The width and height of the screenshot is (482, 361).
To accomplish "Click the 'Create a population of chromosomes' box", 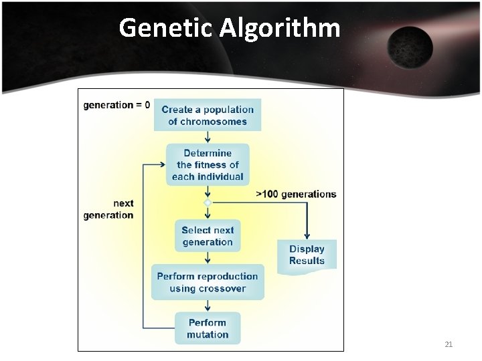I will click(208, 115).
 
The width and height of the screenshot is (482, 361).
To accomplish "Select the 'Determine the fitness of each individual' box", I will click(208, 164).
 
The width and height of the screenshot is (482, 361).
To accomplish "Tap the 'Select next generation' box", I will click(208, 236).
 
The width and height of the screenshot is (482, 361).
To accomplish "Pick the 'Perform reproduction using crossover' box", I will click(208, 282).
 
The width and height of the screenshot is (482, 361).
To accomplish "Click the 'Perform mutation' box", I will click(208, 328).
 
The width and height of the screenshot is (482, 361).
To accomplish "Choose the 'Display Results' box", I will click(307, 255).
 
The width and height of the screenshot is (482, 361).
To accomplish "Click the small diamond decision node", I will click(208, 202).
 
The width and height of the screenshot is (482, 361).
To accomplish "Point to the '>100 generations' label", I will click(297, 194).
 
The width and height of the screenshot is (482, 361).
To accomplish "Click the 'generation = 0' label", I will click(116, 105).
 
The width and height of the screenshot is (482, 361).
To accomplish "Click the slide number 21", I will click(449, 344).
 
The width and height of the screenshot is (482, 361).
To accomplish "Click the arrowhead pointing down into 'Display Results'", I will click(307, 235).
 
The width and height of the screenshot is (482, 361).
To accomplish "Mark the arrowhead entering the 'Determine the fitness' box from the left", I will click(163, 164).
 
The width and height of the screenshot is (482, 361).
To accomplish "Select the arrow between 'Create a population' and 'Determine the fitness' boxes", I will click(208, 137).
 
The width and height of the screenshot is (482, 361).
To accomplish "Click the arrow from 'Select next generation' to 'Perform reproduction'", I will click(208, 258).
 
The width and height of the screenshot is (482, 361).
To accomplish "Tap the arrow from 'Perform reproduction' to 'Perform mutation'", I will click(208, 306).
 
